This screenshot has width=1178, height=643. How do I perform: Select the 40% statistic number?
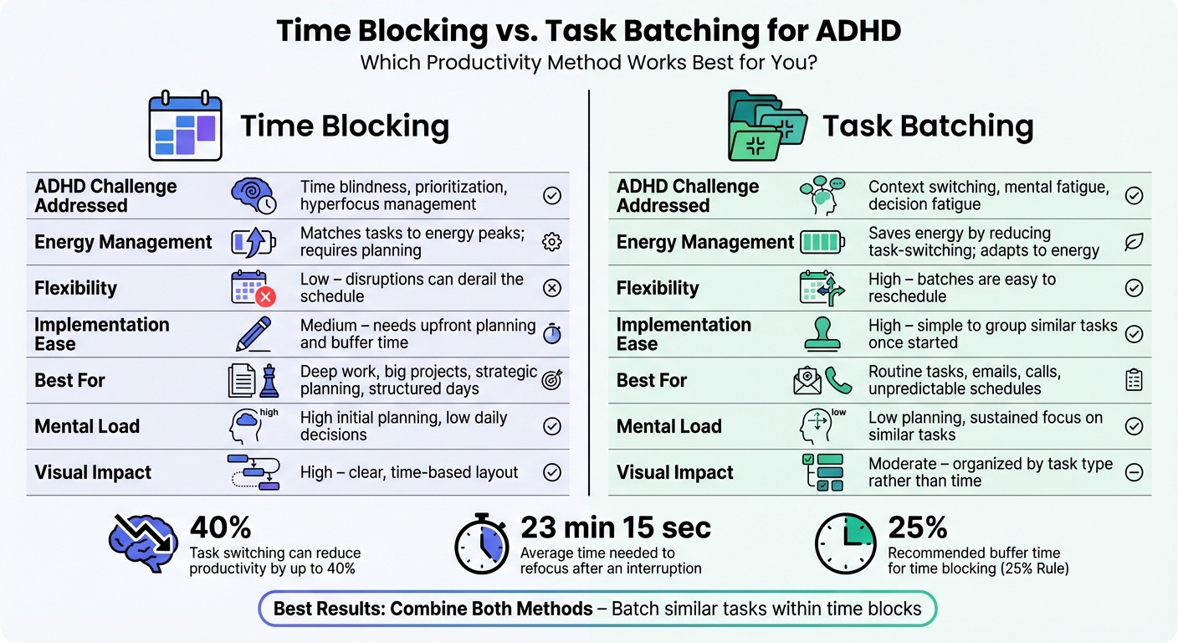click(221, 527)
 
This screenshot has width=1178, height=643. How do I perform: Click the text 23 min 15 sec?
click(616, 527)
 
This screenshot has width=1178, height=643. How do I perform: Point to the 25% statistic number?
click(918, 527)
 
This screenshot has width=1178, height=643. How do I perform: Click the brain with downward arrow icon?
click(143, 543)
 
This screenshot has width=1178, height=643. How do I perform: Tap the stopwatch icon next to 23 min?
click(482, 544)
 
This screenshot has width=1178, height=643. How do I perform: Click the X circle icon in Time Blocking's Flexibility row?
click(552, 288)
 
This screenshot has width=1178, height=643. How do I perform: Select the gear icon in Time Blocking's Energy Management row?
click(552, 242)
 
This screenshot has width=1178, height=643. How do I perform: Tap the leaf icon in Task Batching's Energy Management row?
click(1134, 242)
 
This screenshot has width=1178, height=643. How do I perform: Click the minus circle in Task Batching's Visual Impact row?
click(1134, 472)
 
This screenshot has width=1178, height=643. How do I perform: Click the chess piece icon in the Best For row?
click(269, 380)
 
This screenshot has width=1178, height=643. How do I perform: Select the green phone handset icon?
click(837, 380)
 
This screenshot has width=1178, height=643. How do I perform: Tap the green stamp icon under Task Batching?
click(822, 334)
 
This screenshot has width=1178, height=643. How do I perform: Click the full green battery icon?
click(822, 242)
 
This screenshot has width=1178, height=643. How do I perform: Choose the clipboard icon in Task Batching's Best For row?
click(1134, 380)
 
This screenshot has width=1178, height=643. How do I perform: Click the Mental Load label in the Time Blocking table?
click(86, 426)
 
